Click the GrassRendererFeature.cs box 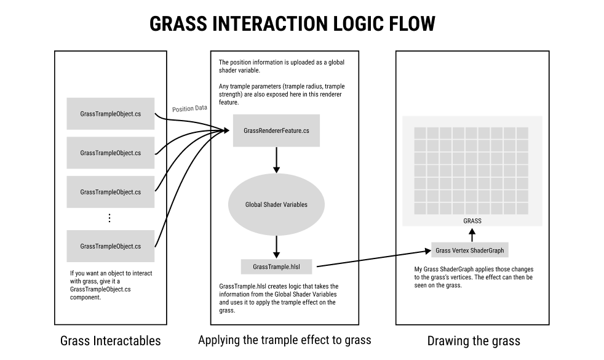(x=276, y=130)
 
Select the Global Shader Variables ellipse (x=276, y=204)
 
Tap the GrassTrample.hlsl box (x=276, y=266)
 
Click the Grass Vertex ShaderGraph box (x=469, y=250)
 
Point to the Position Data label (x=189, y=109)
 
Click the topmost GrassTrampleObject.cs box (x=111, y=114)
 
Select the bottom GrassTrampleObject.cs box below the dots (x=111, y=246)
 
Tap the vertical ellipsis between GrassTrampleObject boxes (x=109, y=218)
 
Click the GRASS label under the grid (x=472, y=221)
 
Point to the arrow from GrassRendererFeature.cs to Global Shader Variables (x=276, y=159)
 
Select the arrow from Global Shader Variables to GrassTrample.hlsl (x=276, y=247)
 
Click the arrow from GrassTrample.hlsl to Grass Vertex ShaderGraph (x=373, y=258)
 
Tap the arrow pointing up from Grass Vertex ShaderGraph (x=472, y=235)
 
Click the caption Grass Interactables (x=111, y=341)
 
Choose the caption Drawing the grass (x=474, y=341)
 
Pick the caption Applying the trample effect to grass (x=285, y=340)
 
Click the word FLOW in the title (x=412, y=23)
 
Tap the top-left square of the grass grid (x=420, y=133)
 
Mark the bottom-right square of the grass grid (x=522, y=209)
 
